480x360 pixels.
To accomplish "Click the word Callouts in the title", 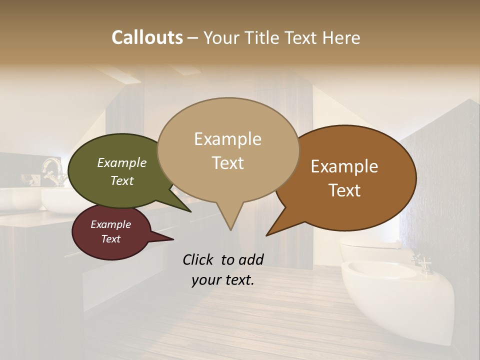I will (147, 37).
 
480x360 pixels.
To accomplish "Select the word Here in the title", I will (342, 37).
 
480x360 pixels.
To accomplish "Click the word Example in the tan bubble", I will (228, 139).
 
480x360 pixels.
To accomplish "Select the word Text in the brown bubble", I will (345, 190).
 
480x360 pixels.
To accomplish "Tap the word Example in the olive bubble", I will (122, 163).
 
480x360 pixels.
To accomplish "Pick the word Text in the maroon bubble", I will (111, 239).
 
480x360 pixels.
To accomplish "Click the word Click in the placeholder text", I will (198, 259).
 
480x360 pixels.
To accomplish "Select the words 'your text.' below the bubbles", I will (223, 280).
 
